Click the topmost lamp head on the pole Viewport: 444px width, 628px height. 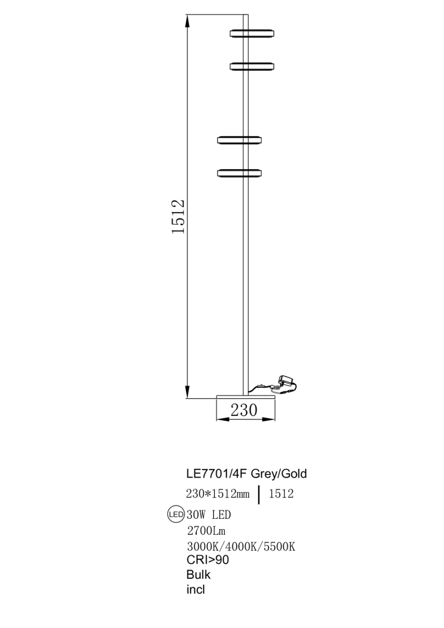(252, 33)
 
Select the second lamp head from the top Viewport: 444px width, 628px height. (252, 66)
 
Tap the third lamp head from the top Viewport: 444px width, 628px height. (239, 140)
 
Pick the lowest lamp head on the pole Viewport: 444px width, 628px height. (239, 173)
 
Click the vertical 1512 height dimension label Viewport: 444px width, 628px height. (178, 216)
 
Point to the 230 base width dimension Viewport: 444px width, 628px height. (244, 410)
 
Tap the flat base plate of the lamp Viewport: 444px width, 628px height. (246, 397)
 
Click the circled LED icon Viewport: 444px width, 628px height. (176, 514)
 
